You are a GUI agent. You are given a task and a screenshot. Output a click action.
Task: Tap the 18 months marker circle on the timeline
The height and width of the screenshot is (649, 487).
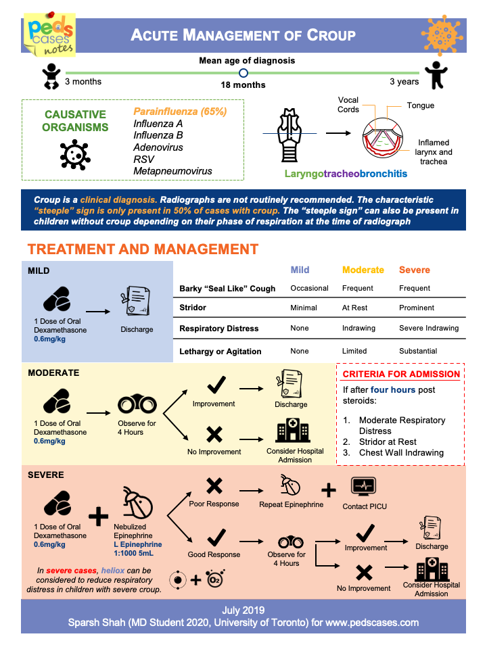point(243,73)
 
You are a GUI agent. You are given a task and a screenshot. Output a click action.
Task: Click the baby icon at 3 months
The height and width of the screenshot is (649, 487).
point(51,76)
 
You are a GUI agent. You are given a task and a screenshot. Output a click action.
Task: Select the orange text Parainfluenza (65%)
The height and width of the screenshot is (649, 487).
point(180,112)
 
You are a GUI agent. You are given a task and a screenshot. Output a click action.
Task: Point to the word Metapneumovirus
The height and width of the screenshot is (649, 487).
point(172,171)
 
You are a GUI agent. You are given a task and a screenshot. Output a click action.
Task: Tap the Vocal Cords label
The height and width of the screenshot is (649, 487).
point(348,105)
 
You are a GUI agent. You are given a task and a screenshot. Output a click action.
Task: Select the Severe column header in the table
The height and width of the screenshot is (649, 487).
point(415,270)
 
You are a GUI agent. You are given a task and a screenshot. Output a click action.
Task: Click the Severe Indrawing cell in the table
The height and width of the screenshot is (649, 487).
point(429,328)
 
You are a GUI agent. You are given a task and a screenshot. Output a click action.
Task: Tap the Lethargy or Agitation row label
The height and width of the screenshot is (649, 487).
point(220,351)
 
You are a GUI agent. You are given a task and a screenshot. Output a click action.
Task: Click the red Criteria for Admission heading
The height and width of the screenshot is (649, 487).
point(401,374)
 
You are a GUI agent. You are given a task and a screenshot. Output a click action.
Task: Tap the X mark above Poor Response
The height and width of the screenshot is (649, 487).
point(214,485)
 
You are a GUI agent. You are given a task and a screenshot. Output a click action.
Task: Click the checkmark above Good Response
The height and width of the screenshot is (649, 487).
point(215,537)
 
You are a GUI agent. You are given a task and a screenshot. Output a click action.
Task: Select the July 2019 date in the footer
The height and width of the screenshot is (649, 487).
point(243,609)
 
